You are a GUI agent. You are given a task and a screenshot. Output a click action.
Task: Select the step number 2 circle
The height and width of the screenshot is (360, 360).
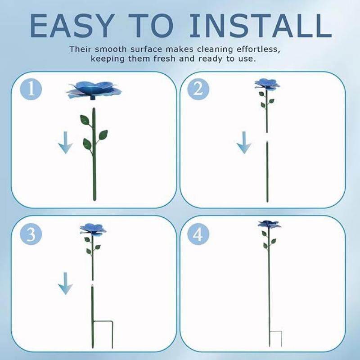[198, 89]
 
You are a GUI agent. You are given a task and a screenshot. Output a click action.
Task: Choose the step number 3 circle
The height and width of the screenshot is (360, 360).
[31, 234]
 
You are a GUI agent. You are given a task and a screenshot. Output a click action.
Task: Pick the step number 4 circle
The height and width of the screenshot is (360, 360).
[198, 234]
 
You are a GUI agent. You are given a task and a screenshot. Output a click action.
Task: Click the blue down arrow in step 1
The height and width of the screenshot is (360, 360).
[66, 143]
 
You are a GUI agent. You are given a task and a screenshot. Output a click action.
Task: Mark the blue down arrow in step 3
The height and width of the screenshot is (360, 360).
[66, 283]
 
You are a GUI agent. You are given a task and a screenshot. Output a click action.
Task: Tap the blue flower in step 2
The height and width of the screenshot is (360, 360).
[267, 84]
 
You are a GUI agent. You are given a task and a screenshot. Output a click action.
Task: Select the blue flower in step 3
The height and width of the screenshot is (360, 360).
[93, 229]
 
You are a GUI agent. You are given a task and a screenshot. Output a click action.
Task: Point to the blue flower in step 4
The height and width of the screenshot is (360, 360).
[269, 224]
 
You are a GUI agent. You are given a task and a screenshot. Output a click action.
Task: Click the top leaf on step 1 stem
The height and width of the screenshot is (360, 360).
[85, 120]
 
